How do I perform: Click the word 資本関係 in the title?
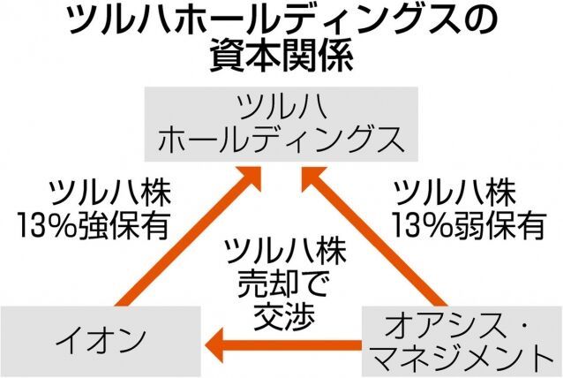[x=281, y=58]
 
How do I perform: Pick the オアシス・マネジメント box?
[x=462, y=339]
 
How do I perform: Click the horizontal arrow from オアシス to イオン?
[x=282, y=341]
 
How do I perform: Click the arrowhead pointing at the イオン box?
[x=214, y=341]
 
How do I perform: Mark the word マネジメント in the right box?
[x=462, y=357]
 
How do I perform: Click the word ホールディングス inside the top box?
[x=281, y=139]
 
